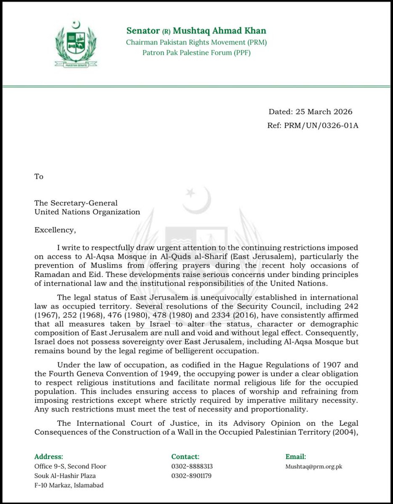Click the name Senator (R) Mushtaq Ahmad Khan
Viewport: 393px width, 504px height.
196,31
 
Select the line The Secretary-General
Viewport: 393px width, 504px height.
76,203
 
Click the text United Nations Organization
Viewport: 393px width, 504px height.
88,212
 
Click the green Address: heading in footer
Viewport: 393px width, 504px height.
49,457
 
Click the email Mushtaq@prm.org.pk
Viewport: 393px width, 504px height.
314,467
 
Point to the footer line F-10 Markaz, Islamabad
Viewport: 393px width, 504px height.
69,486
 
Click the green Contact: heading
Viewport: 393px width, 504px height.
185,457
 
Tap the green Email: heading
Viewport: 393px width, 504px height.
296,457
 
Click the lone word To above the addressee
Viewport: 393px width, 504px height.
39,176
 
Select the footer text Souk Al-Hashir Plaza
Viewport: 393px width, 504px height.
64,476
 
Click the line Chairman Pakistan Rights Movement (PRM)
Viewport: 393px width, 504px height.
196,42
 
